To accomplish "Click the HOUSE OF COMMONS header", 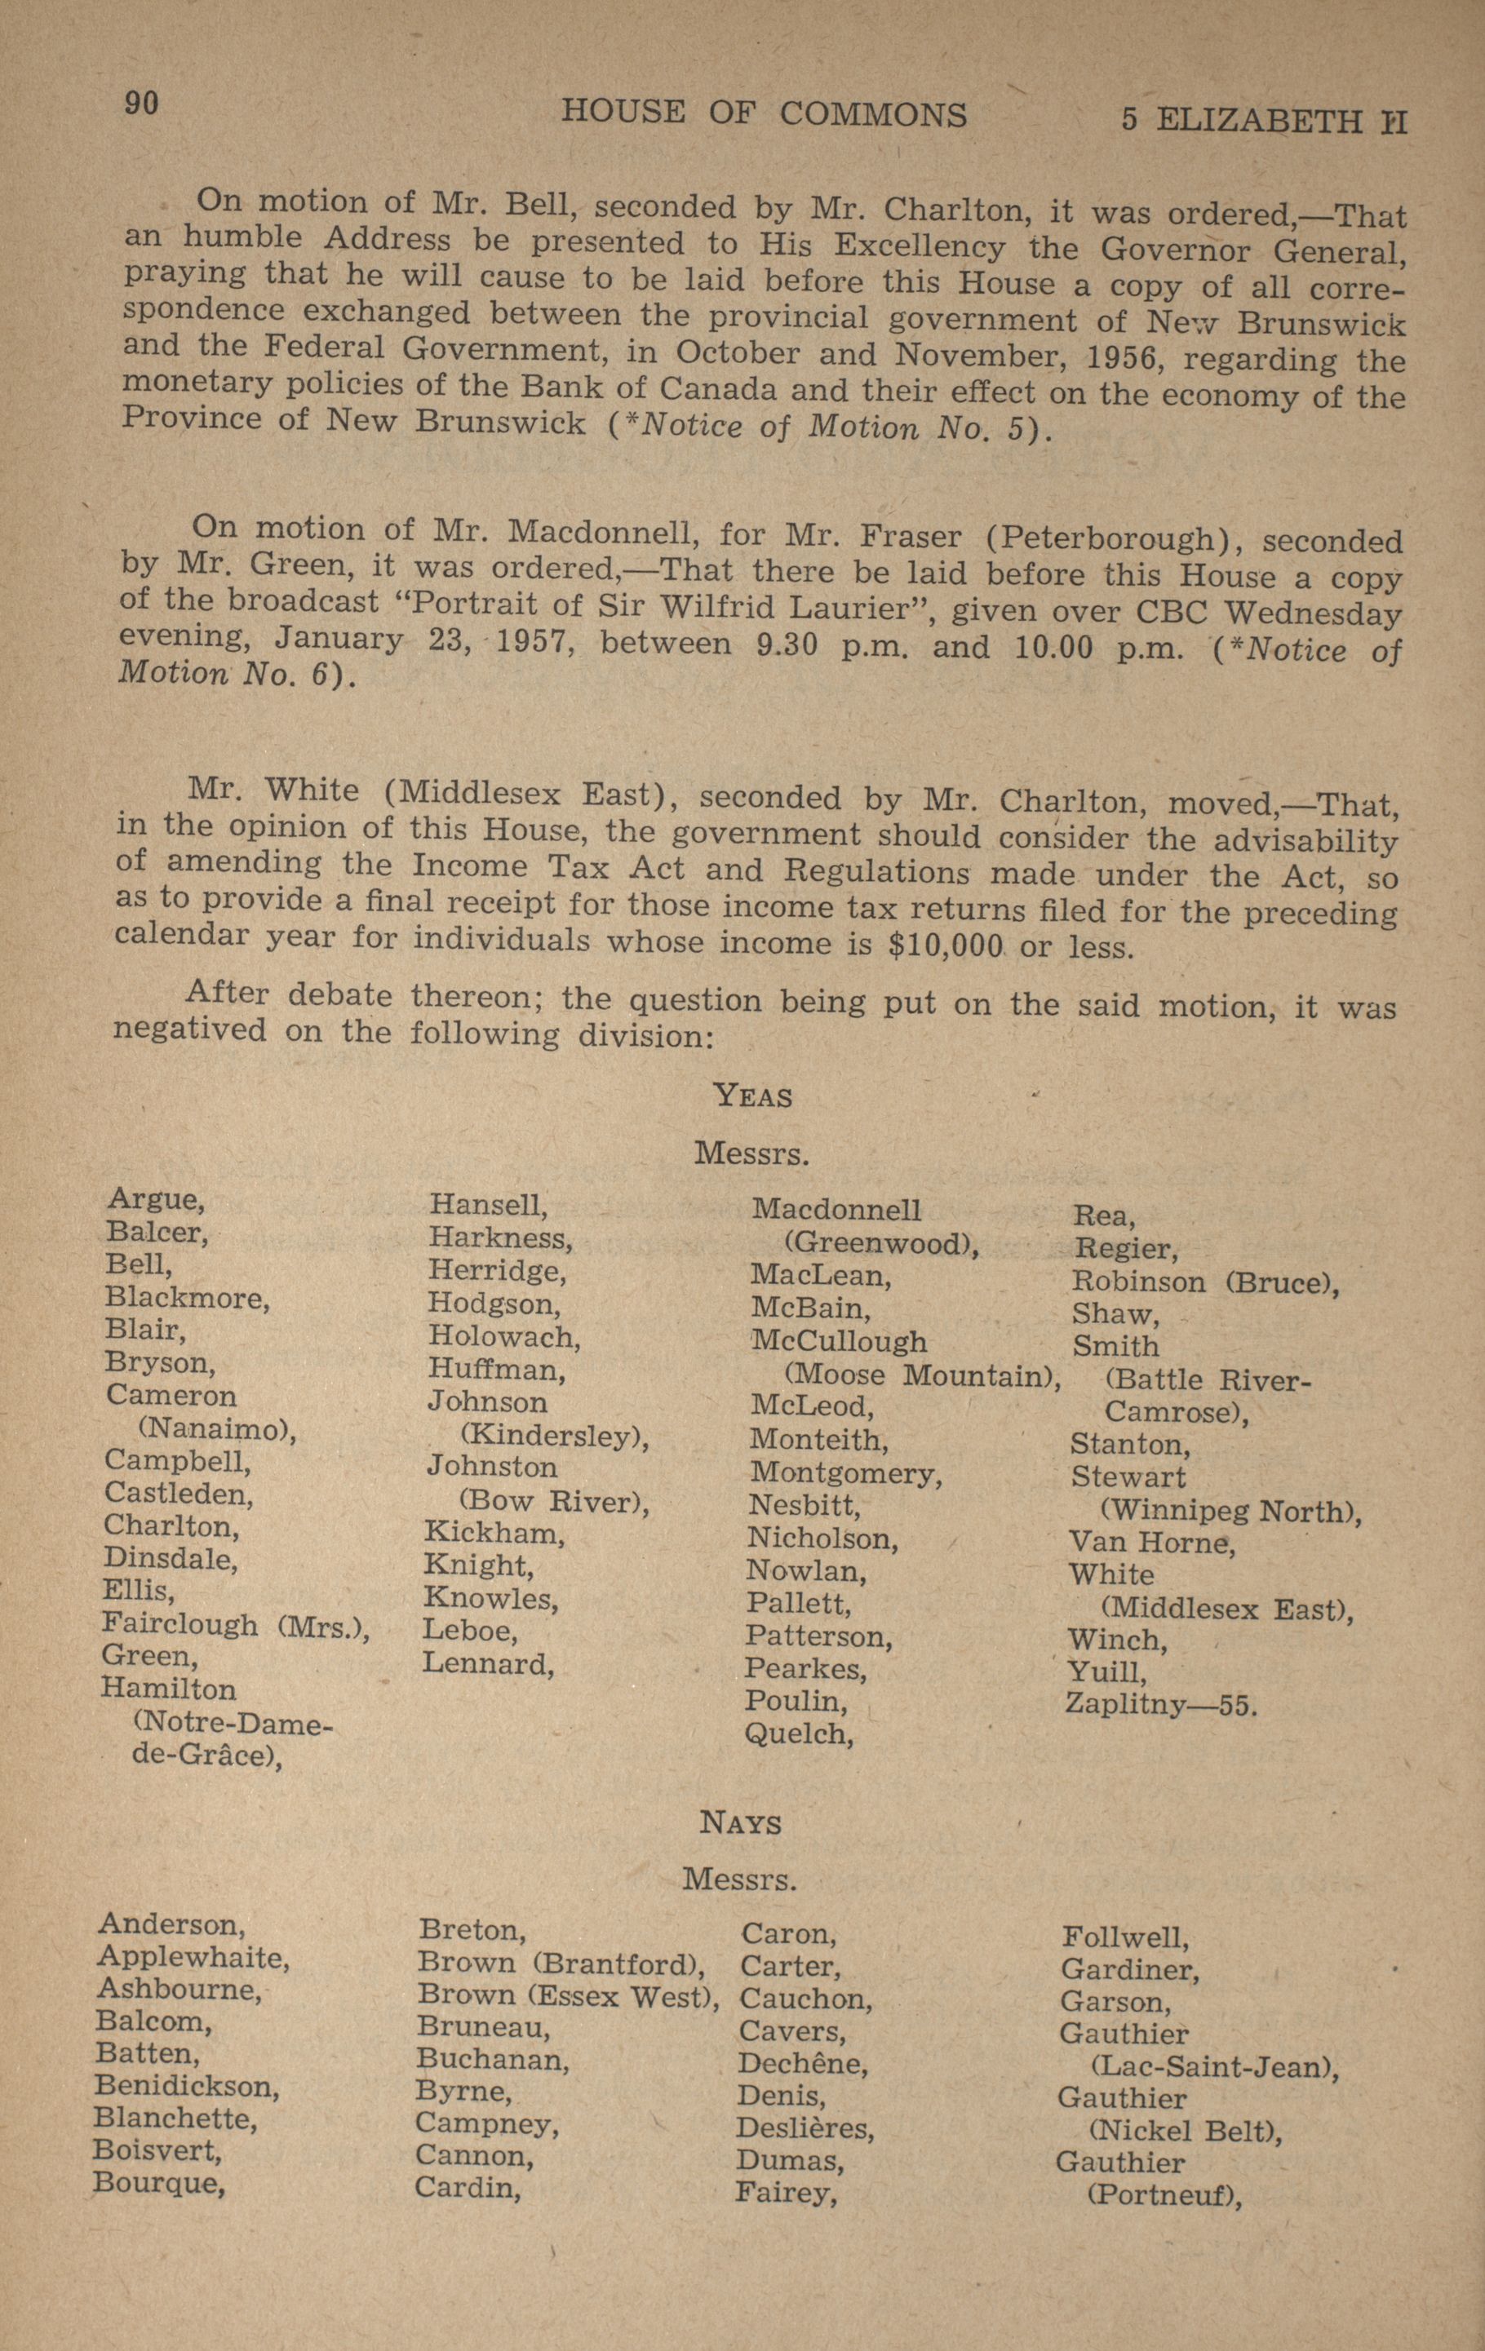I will pos(764,114).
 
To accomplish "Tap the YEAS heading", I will pos(753,1096).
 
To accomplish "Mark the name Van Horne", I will pos(1151,1543).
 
